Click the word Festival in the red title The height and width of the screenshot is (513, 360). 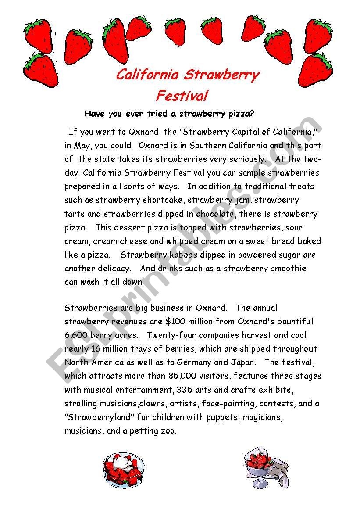[182, 96]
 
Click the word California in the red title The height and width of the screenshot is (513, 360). [147, 75]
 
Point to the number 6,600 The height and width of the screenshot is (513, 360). [77, 335]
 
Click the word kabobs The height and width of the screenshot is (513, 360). [185, 255]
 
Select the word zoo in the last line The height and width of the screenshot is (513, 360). [168, 430]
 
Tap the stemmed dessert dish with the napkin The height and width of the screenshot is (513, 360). [259, 466]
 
